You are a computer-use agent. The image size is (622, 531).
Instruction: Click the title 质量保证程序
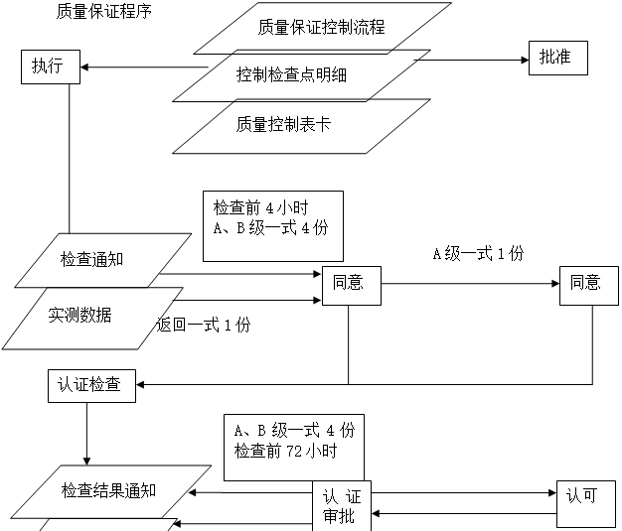coord(110,12)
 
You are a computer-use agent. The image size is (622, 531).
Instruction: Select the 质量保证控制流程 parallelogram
coord(321,28)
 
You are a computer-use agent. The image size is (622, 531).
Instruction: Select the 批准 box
coord(555,58)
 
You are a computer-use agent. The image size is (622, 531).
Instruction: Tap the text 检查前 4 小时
coord(261,208)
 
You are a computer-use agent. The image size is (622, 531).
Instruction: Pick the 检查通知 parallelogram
coord(106,259)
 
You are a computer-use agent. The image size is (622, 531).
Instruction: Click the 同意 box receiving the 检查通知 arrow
coord(349,284)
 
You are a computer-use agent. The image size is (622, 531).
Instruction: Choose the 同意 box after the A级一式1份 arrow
coord(585,283)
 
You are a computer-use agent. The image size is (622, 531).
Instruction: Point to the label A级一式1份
coord(477,254)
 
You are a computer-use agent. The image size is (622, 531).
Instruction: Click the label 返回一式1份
coord(205,325)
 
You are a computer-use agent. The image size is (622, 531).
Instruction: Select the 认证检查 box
coord(90,385)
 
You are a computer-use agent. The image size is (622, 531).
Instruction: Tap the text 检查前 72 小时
coord(286,451)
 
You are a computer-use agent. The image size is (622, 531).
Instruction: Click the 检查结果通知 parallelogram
coord(121,491)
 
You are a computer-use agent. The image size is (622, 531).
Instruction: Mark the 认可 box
coord(581,495)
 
